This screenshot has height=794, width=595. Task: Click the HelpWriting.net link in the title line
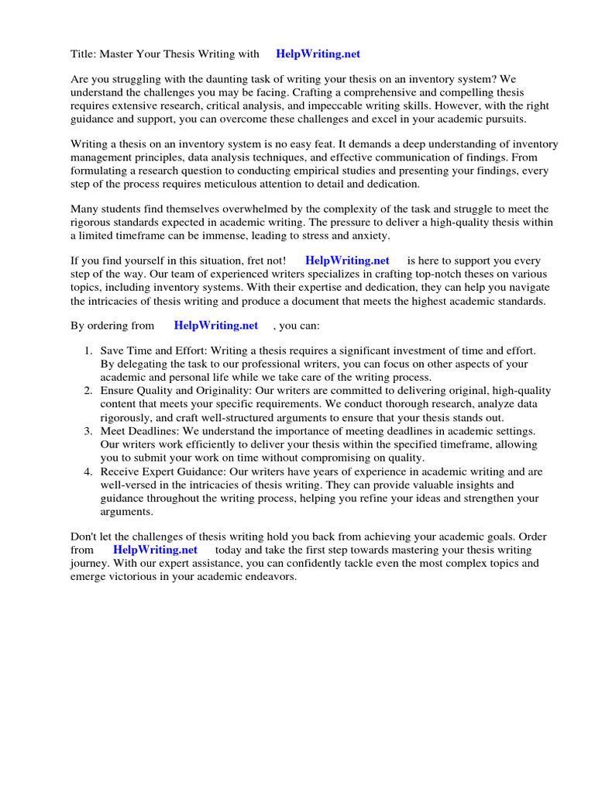pyautogui.click(x=318, y=54)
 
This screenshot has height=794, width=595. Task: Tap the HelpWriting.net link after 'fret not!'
pyautogui.click(x=347, y=261)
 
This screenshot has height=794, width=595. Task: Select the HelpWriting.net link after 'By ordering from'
pyautogui.click(x=215, y=326)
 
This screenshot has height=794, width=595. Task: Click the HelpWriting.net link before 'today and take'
pyautogui.click(x=155, y=550)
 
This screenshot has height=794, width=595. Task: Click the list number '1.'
pyautogui.click(x=88, y=351)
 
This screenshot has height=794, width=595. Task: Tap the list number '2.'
pyautogui.click(x=88, y=391)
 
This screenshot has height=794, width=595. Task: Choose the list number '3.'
pyautogui.click(x=88, y=430)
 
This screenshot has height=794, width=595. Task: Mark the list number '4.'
pyautogui.click(x=88, y=471)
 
